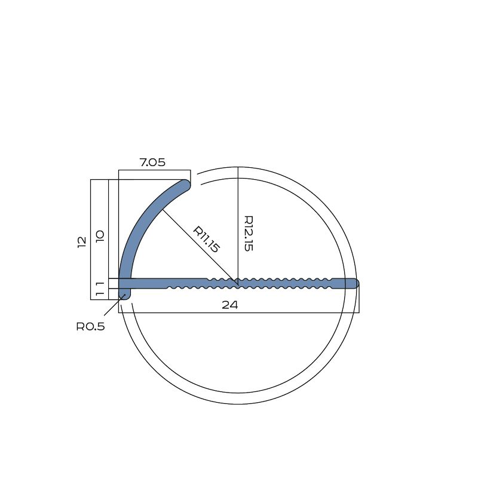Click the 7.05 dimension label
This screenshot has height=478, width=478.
click(152, 162)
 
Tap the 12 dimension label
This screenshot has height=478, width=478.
click(82, 242)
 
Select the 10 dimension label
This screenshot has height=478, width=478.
click(100, 236)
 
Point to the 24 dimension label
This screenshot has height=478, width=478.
click(229, 305)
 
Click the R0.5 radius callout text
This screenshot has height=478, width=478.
click(91, 326)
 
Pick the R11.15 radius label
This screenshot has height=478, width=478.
click(206, 240)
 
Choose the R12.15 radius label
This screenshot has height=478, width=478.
click(249, 233)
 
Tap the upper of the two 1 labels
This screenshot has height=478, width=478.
click(100, 284)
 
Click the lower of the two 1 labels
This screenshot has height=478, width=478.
click(100, 294)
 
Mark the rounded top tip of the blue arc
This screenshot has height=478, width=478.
click(185, 185)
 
